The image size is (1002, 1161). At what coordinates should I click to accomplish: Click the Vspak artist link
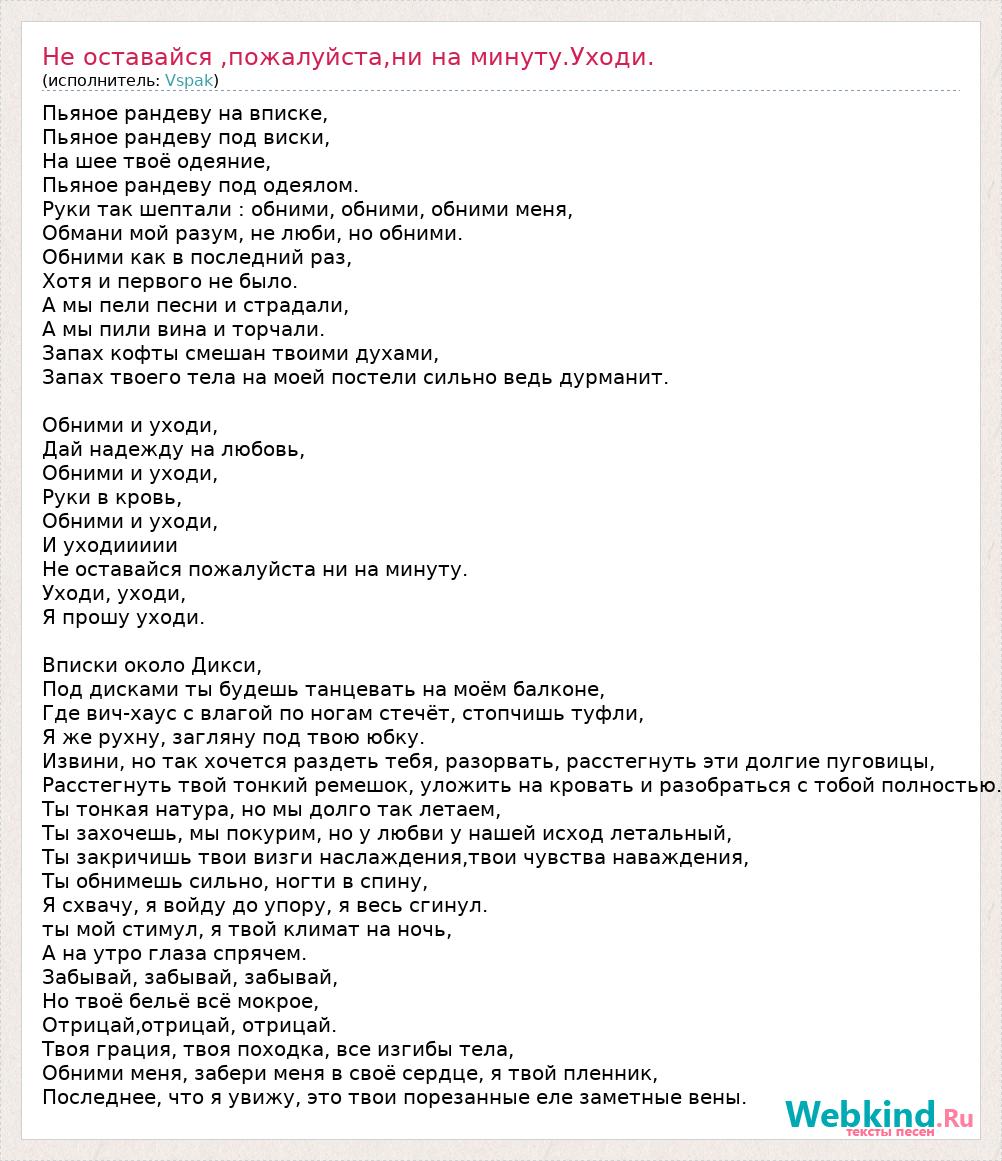[x=189, y=80]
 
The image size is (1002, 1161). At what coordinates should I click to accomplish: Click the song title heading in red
[x=348, y=57]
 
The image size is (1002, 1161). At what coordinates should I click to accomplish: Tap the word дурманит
[x=622, y=378]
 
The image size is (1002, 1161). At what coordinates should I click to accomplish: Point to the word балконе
[x=559, y=689]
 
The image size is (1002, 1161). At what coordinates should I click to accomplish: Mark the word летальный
[x=682, y=833]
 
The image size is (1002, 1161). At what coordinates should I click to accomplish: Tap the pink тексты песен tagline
[x=890, y=1133]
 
